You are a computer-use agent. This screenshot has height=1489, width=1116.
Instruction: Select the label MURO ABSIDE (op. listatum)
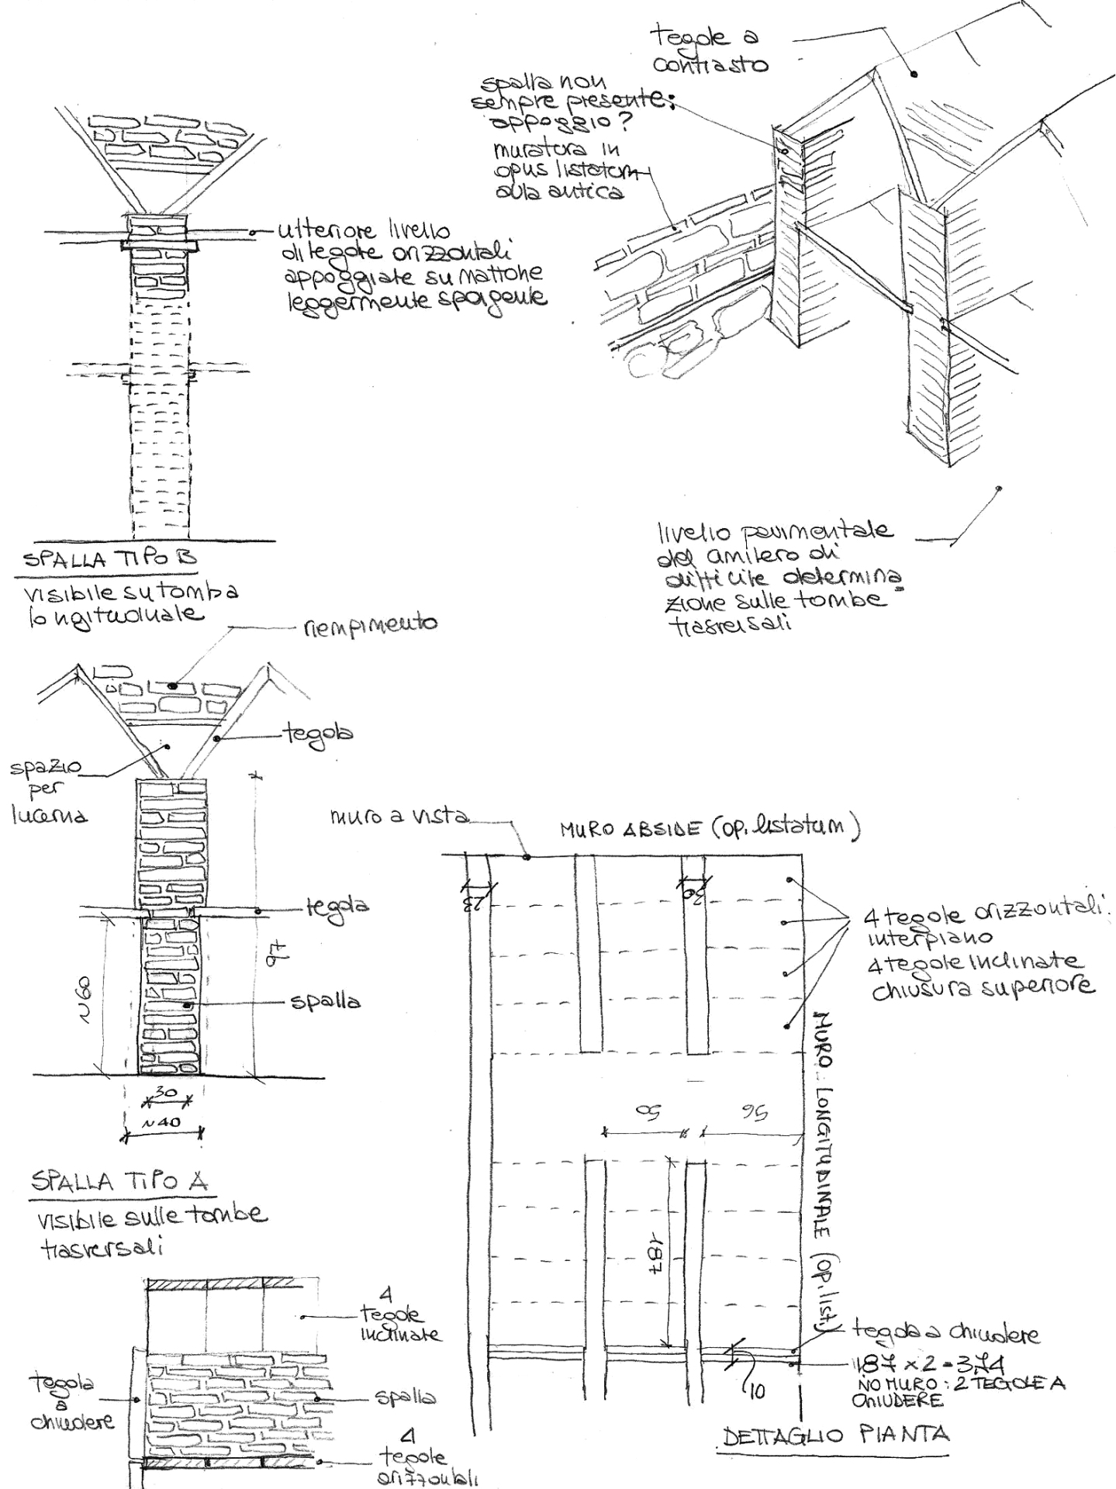[710, 831]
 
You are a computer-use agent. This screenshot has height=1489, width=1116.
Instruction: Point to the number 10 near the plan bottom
[758, 1392]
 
